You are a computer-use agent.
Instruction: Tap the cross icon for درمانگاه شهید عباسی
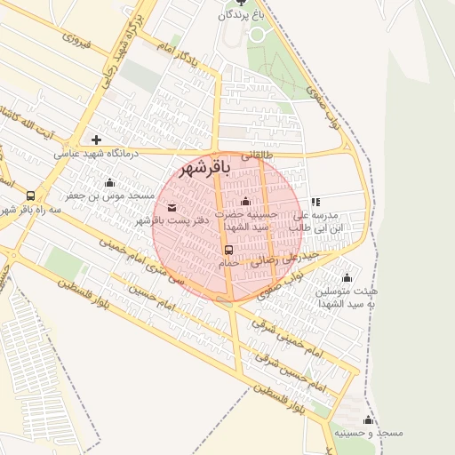tap(96, 140)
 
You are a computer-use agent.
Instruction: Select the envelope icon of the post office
tap(172, 208)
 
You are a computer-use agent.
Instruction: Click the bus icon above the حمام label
tap(228, 250)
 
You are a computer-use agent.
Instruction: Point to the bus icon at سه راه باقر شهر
tap(31, 196)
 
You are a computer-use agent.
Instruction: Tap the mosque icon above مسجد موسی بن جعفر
tap(109, 182)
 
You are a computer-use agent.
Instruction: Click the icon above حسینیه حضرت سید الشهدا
tap(246, 202)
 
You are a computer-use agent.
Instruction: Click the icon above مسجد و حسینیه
tap(368, 419)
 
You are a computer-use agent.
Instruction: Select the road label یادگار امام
tap(182, 52)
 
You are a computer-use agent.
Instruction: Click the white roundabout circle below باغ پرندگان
tap(259, 34)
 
